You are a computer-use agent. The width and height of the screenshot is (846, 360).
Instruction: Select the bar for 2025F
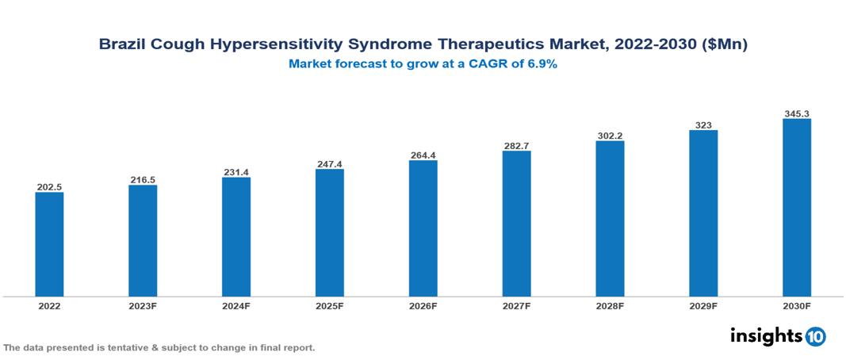click(329, 232)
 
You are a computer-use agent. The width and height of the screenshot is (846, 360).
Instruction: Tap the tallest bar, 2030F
click(796, 208)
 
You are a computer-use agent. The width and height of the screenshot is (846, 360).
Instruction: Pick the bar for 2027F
click(516, 224)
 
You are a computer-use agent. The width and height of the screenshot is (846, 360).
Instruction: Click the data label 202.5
click(49, 187)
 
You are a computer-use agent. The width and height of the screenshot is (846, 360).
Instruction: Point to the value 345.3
click(796, 114)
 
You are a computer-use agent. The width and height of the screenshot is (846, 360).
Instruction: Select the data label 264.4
click(423, 155)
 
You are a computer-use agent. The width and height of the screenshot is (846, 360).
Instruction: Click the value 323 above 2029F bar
click(702, 125)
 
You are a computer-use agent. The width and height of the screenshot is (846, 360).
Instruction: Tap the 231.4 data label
click(236, 172)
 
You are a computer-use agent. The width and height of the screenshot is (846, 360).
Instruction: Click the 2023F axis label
click(143, 306)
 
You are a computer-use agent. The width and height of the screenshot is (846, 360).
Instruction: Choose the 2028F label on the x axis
click(610, 306)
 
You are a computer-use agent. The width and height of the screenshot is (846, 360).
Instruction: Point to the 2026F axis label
click(423, 306)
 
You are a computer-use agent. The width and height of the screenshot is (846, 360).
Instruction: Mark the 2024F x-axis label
click(236, 306)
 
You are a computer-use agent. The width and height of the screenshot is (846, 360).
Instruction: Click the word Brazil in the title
click(121, 45)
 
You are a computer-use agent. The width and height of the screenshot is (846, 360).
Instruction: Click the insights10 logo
click(777, 335)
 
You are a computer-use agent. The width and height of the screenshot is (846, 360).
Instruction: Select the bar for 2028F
click(610, 219)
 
